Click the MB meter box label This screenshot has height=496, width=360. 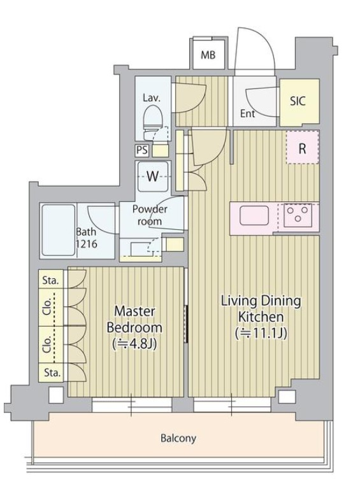click(x=208, y=55)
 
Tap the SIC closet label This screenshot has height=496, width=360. click(x=298, y=101)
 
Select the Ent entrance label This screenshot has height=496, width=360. click(x=247, y=113)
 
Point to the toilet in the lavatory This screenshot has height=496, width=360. click(x=152, y=122)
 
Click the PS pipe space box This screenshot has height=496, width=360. click(x=142, y=150)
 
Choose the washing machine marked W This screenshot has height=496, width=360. click(x=153, y=176)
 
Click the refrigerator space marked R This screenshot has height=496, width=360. click(x=303, y=148)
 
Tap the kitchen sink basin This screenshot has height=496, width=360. click(x=254, y=215)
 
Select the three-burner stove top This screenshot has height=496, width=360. click(x=297, y=215)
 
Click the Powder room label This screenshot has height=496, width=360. click(x=150, y=215)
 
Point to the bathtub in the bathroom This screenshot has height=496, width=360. click(x=58, y=230)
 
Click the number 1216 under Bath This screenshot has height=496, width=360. click(x=86, y=244)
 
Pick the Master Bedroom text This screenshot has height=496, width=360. click(x=134, y=320)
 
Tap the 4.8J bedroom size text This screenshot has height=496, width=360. click(x=134, y=344)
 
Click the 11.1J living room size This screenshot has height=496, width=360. click(x=261, y=334)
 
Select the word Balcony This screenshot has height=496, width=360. click(x=178, y=439)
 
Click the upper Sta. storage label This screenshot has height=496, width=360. click(x=51, y=280)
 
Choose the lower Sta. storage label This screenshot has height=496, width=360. click(x=52, y=373)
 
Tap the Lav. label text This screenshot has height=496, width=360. click(x=152, y=97)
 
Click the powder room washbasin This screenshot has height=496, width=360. click(x=141, y=247)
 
